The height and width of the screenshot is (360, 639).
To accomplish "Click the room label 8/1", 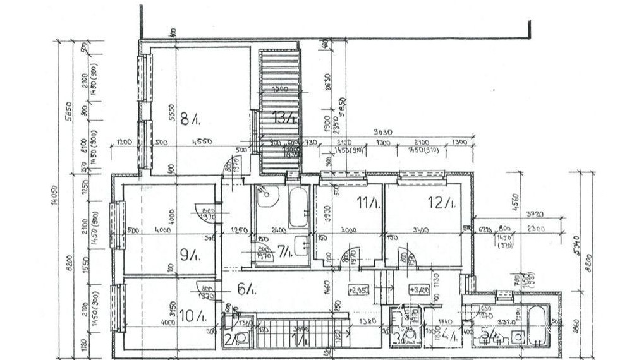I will pos(189,117).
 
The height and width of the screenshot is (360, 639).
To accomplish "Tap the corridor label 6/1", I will pos(245,289).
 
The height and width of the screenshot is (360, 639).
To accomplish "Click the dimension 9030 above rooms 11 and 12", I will pos(382,132).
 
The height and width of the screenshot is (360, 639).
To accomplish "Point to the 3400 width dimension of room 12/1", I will pos(421,230).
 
